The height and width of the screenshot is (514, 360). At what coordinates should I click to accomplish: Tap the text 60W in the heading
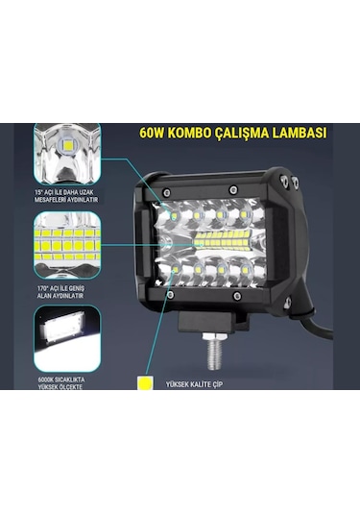(x=154, y=135)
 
